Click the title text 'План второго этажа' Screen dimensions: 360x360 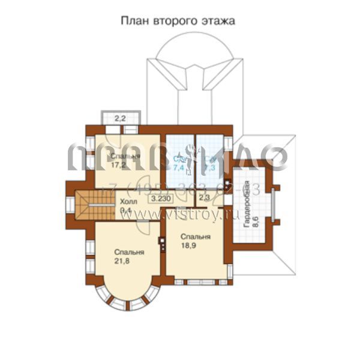tap(178, 21)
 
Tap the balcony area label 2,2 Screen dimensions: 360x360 tap(120, 118)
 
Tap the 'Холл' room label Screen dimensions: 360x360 tap(128, 202)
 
